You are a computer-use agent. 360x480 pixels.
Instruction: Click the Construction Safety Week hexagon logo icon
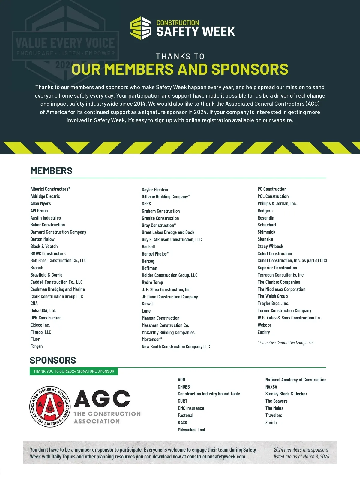(x=141, y=28)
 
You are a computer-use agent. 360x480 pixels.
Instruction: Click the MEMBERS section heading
(x=52, y=171)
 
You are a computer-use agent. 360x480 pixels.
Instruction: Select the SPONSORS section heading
(x=53, y=360)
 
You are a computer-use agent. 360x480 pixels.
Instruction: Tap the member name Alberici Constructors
(x=50, y=189)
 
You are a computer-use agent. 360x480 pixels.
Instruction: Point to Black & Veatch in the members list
(x=44, y=246)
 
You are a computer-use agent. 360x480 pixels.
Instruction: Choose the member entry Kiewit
(x=147, y=304)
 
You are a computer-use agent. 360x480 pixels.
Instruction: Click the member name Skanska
(x=265, y=239)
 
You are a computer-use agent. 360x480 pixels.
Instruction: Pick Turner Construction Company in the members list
(x=284, y=310)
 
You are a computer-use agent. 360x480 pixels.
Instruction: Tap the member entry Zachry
(x=264, y=332)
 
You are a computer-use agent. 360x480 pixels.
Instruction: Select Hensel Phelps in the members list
(x=155, y=254)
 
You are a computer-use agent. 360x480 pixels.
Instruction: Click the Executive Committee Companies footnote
(x=286, y=343)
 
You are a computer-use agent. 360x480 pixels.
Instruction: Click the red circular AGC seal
(x=50, y=407)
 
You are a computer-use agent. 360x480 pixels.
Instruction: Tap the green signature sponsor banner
(x=74, y=371)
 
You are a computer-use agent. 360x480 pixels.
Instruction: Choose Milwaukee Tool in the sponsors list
(x=191, y=430)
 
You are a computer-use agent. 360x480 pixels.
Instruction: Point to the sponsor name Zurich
(x=271, y=422)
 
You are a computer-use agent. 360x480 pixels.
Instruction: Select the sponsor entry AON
(x=181, y=379)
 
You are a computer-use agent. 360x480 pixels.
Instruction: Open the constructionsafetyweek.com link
(x=216, y=457)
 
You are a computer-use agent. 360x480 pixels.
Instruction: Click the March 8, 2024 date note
(x=301, y=457)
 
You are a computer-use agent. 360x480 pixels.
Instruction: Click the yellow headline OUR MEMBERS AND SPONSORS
(x=180, y=69)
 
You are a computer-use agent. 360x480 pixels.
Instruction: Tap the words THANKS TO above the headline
(x=180, y=56)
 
